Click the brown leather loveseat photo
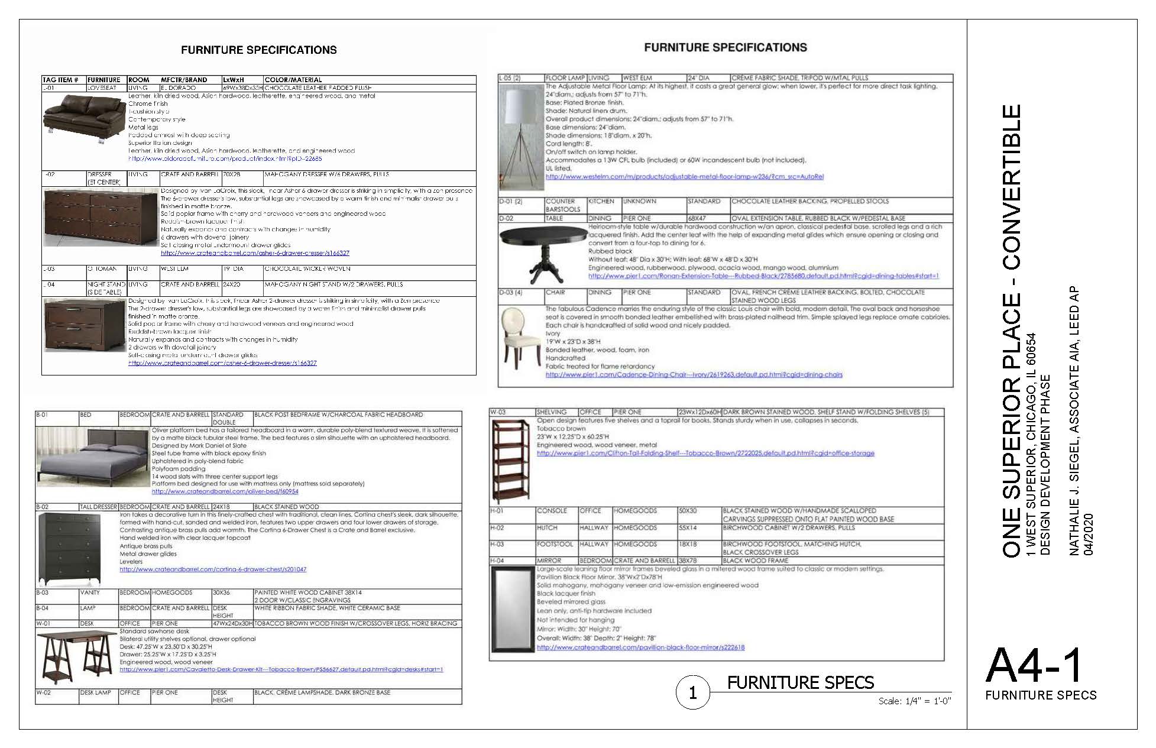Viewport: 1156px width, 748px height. pos(83,122)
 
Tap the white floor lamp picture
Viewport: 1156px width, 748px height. pos(520,136)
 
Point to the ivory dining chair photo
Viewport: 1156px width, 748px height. pos(519,342)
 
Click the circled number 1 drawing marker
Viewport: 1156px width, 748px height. pos(692,692)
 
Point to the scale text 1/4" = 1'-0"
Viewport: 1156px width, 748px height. pos(914,701)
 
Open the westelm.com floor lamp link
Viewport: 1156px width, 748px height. pos(684,177)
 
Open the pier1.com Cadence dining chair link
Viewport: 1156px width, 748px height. pos(694,374)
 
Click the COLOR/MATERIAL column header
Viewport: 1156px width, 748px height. pos(293,80)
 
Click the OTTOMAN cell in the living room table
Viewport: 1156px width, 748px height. pos(102,269)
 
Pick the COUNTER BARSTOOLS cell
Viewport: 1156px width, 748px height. pos(563,205)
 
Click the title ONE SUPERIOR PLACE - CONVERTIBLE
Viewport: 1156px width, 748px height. pos(1012,331)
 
